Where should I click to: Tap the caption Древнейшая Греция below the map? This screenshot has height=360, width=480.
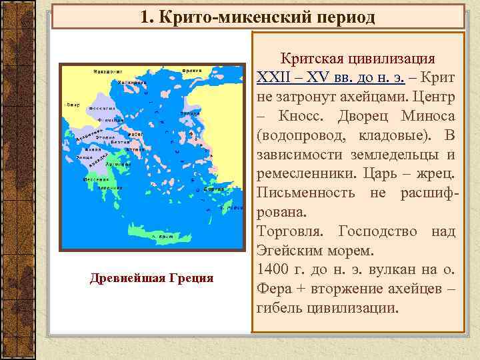pos(151,277)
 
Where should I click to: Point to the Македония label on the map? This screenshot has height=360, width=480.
pos(92,71)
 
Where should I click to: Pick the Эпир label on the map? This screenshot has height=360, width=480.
pos(73,105)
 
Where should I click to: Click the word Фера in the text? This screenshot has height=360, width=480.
pos(274,289)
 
